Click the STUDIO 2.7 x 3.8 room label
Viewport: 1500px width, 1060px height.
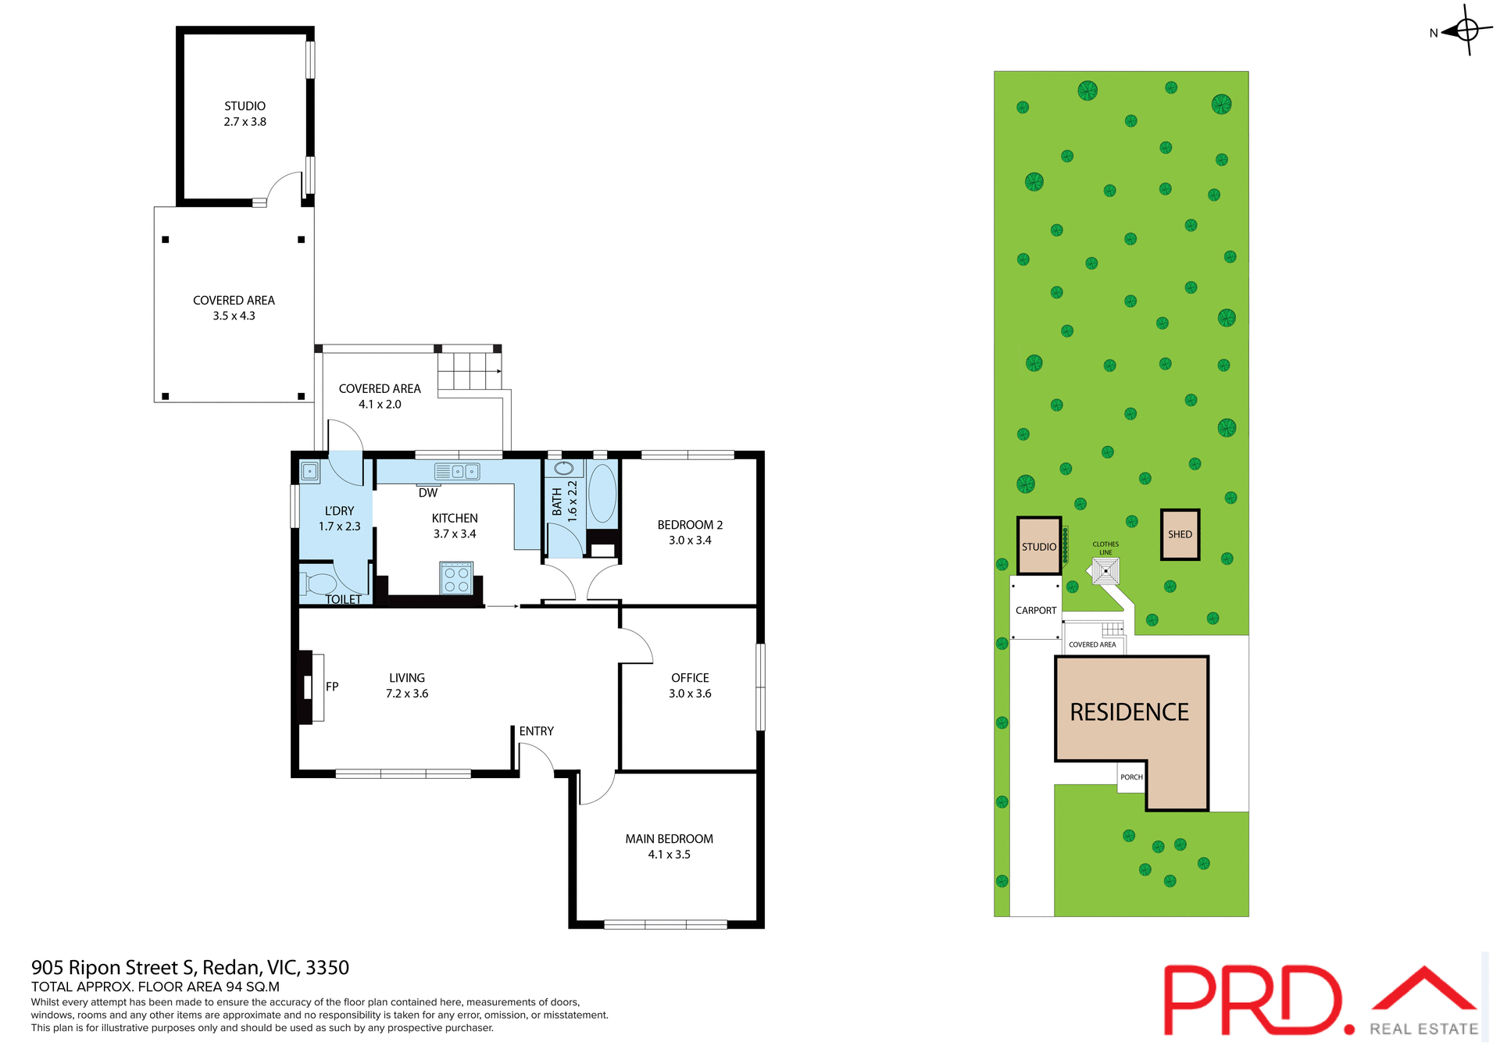tap(245, 114)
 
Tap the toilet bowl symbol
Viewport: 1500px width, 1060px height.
tap(320, 584)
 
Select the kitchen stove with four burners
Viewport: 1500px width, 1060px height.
tap(456, 578)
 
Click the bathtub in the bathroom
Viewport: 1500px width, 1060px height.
tap(602, 494)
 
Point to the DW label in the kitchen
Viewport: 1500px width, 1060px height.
tap(427, 493)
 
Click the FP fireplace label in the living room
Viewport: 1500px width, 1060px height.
tap(332, 687)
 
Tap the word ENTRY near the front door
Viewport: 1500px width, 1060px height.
tap(536, 731)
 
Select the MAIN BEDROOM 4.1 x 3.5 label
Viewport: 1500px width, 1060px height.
tap(669, 846)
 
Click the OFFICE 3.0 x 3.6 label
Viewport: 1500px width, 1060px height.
tap(690, 685)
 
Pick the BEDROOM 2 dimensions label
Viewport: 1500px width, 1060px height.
tap(690, 541)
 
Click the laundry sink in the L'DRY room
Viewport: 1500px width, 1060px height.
tap(310, 471)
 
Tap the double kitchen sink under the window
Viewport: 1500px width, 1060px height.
tap(457, 471)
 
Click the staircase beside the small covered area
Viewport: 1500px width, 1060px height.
tap(469, 371)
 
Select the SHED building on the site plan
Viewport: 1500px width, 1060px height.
tap(1180, 534)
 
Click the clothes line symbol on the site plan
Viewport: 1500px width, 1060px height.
tap(1105, 571)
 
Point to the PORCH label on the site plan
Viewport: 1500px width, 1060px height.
tap(1131, 777)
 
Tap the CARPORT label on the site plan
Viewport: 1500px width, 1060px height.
tap(1036, 610)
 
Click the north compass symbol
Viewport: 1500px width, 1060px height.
tap(1466, 31)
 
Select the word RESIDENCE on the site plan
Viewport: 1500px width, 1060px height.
tap(1129, 712)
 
